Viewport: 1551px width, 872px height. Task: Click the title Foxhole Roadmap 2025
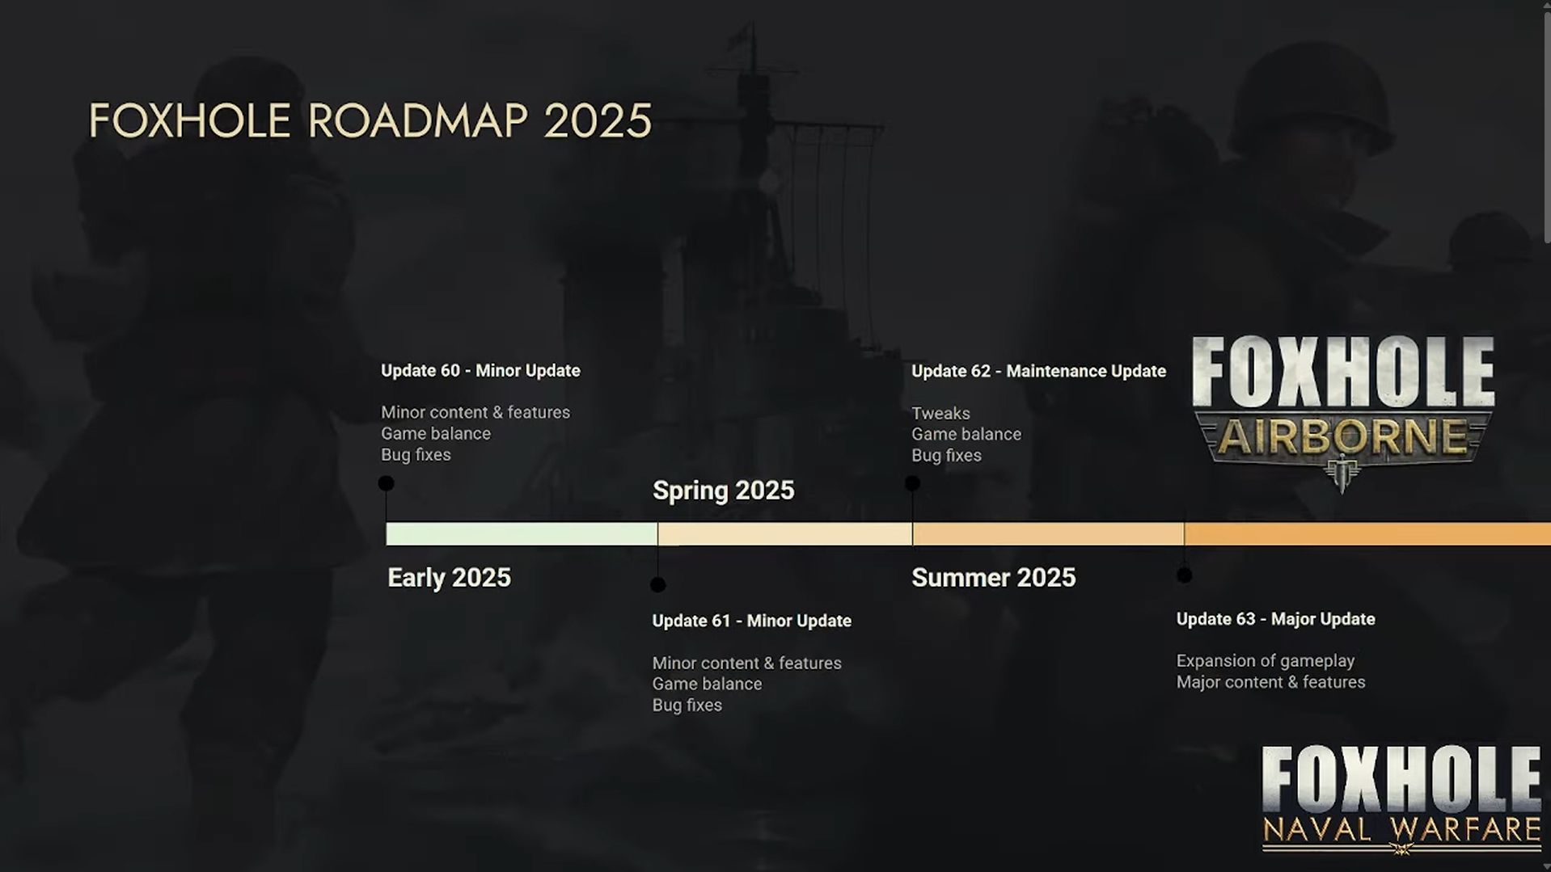[370, 121]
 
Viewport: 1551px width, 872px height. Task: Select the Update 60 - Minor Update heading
[480, 371]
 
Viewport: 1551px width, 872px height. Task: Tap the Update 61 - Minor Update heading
[751, 621]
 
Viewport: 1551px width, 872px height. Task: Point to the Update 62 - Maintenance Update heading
[1038, 371]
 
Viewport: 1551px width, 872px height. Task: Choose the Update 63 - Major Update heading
[1275, 619]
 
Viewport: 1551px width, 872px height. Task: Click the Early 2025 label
[449, 578]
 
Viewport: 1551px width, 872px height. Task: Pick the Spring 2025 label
[723, 491]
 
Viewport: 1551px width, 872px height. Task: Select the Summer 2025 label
[993, 578]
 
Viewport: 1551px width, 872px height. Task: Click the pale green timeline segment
[522, 533]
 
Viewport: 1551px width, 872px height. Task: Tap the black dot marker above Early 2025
[386, 483]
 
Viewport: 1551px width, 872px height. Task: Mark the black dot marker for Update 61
[657, 584]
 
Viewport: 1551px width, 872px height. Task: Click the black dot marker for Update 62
[912, 483]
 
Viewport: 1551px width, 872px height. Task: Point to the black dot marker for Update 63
[1184, 575]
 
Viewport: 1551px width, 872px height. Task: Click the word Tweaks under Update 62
[940, 413]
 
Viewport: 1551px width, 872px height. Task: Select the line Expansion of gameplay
[1265, 661]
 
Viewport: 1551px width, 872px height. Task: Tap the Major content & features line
[1270, 682]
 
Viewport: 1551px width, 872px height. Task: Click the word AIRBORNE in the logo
[1342, 437]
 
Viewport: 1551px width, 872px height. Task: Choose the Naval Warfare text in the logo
[1401, 830]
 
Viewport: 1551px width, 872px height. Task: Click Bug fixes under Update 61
[687, 705]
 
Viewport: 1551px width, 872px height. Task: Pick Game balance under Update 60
[436, 433]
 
